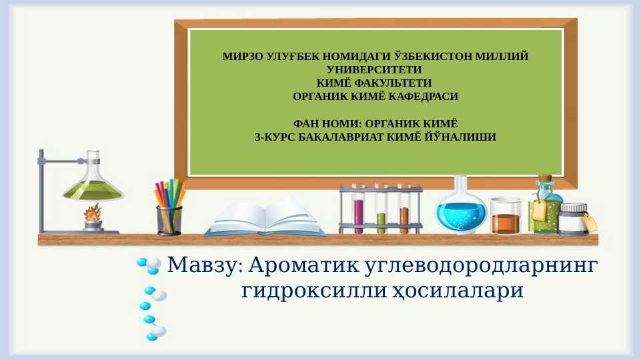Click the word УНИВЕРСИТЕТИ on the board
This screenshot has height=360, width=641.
pyautogui.click(x=375, y=70)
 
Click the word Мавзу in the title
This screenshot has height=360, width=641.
pyautogui.click(x=201, y=265)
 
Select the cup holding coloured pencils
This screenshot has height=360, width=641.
pyautogui.click(x=169, y=220)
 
